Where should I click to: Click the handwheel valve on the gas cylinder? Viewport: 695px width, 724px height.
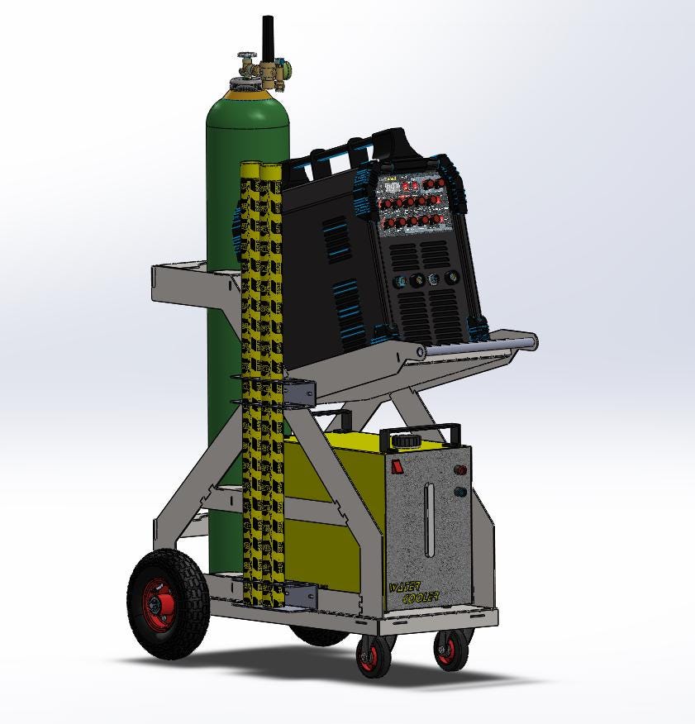pyautogui.click(x=246, y=60)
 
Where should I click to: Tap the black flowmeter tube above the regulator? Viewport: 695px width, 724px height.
pyautogui.click(x=268, y=38)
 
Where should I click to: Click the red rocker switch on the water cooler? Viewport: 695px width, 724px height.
pyautogui.click(x=397, y=467)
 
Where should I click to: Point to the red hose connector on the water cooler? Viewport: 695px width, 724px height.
pyautogui.click(x=460, y=474)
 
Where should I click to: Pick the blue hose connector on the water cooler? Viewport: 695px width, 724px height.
pyautogui.click(x=460, y=493)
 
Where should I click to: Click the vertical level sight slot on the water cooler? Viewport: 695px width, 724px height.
pyautogui.click(x=428, y=521)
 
